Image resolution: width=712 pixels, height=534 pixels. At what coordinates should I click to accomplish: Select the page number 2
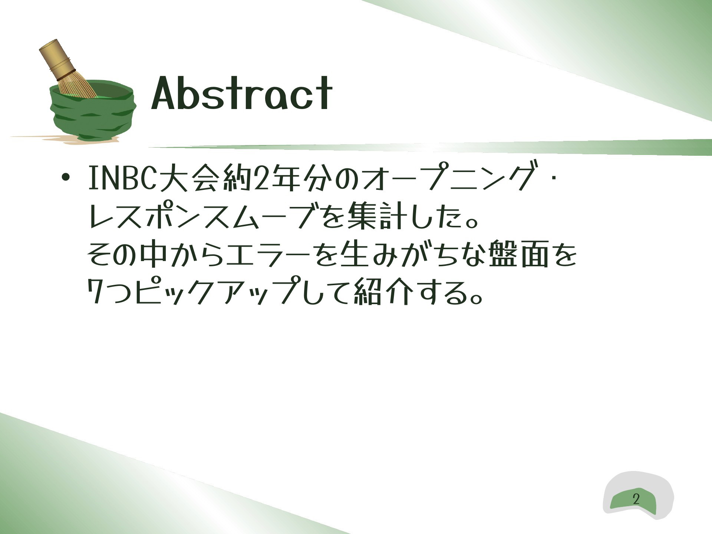(636, 499)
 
